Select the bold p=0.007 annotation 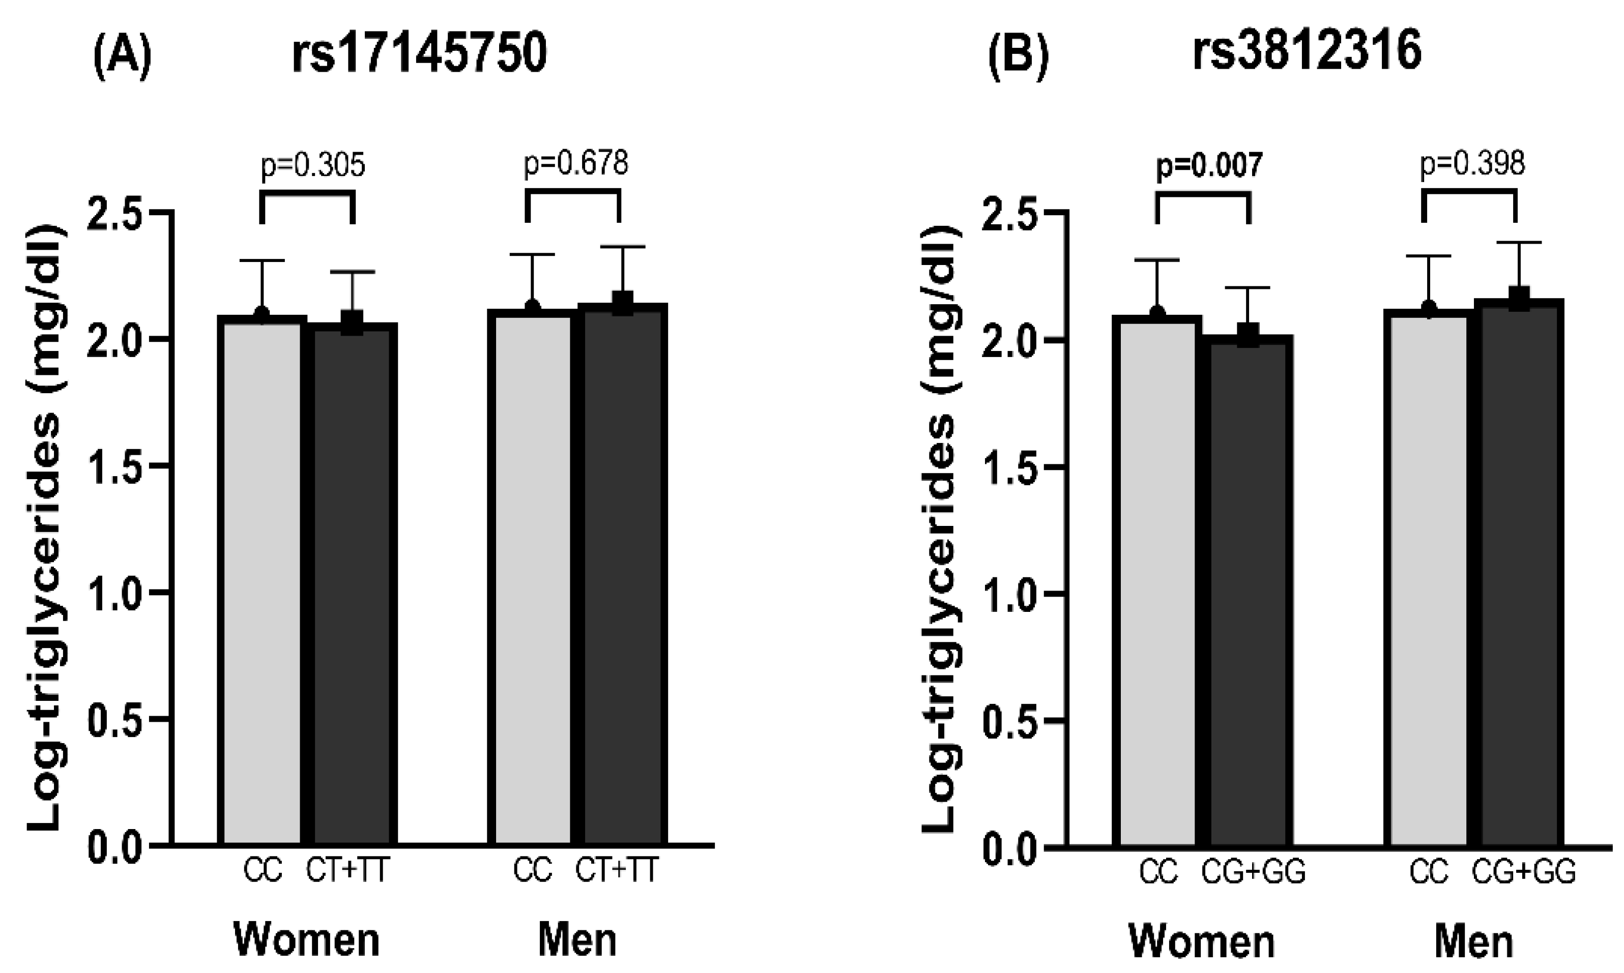(1208, 166)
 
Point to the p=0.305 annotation (313, 166)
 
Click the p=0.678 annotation (575, 163)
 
